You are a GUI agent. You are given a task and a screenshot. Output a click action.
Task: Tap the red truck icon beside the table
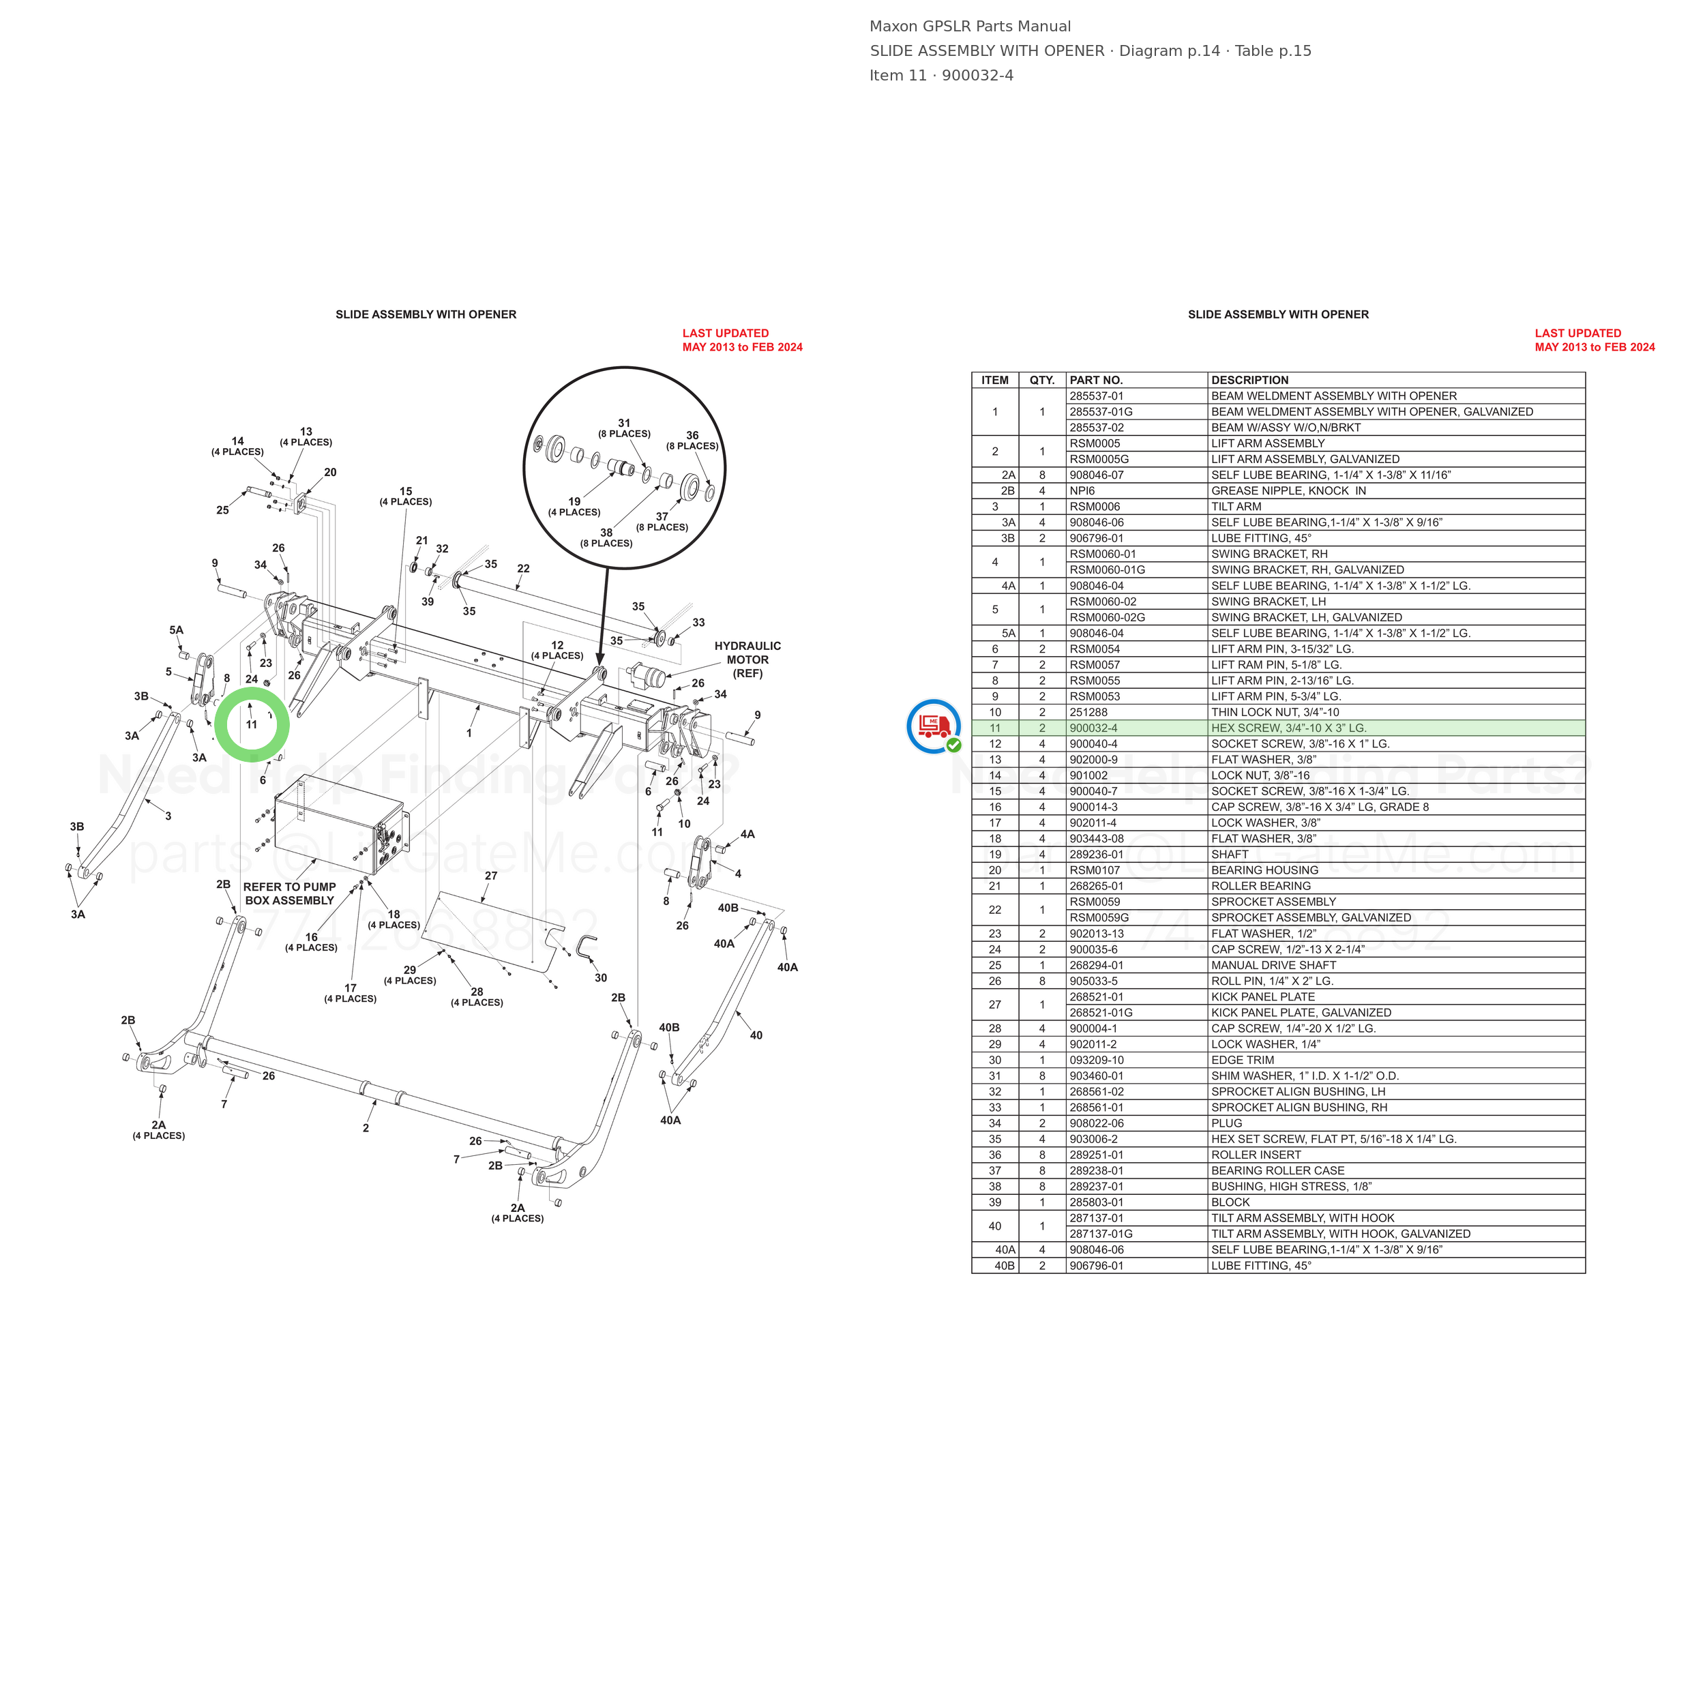click(934, 726)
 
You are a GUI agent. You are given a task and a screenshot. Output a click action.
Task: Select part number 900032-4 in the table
click(1093, 728)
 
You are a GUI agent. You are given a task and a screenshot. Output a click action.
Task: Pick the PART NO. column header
click(1096, 381)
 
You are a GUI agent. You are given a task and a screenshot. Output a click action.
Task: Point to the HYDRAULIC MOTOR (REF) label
click(747, 660)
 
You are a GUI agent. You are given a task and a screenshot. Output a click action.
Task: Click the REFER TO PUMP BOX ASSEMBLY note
click(289, 894)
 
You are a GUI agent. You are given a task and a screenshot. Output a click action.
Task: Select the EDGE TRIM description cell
click(1243, 1060)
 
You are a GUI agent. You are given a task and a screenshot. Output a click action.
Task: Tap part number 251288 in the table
click(1088, 712)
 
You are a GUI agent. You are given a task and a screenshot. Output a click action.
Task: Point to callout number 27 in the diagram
click(490, 876)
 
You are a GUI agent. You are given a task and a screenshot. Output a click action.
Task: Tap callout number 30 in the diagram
click(601, 978)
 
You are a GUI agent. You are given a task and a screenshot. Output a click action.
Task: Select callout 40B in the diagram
click(728, 908)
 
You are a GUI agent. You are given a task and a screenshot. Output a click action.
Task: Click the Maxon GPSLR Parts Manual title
click(970, 27)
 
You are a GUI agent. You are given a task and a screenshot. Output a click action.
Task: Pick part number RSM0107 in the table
click(1095, 870)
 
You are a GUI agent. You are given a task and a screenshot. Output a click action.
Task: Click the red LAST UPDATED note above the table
click(1595, 340)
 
